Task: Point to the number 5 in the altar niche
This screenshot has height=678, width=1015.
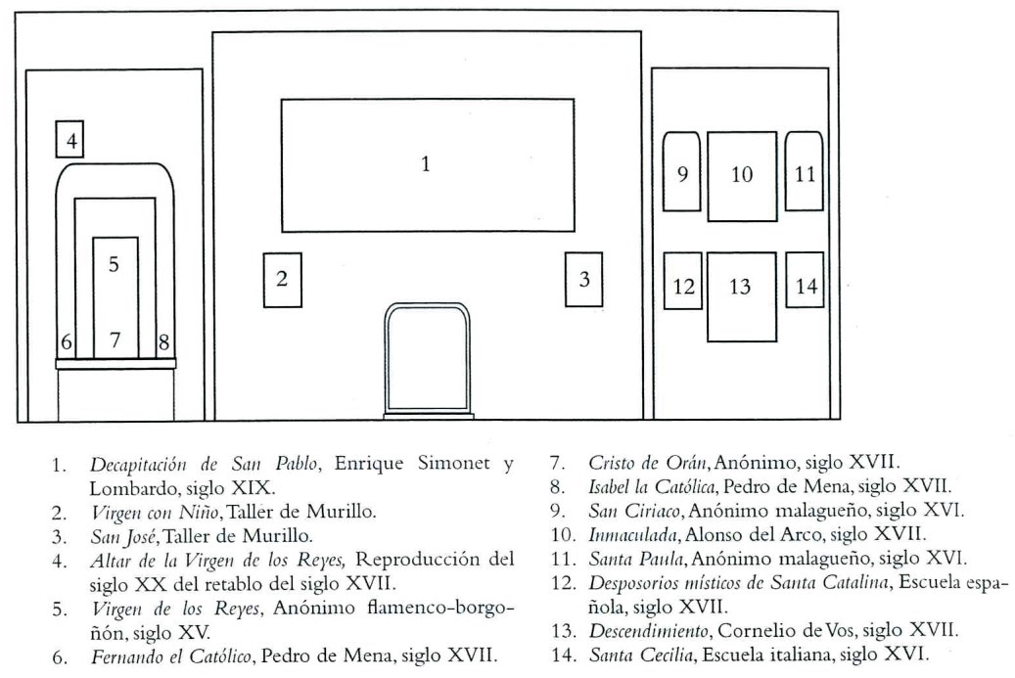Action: [x=114, y=264]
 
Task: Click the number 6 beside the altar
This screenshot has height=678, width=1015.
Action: [x=66, y=341]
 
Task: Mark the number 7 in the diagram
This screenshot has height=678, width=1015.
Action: [x=115, y=339]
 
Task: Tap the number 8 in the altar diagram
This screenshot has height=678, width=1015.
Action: [x=163, y=341]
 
